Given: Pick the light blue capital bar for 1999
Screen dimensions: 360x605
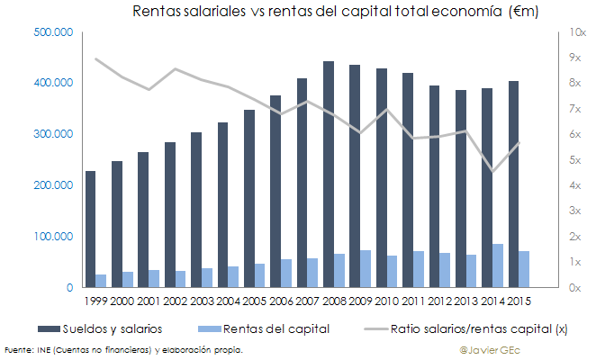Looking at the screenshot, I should pos(101,281).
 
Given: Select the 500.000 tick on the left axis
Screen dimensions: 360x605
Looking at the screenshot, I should pos(53,32).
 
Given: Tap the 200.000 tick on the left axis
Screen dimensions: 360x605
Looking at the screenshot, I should pos(53,185).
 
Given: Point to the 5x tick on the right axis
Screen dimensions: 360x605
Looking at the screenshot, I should pos(576,160).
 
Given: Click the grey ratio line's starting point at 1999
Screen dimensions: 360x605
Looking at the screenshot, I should pos(95,58).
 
